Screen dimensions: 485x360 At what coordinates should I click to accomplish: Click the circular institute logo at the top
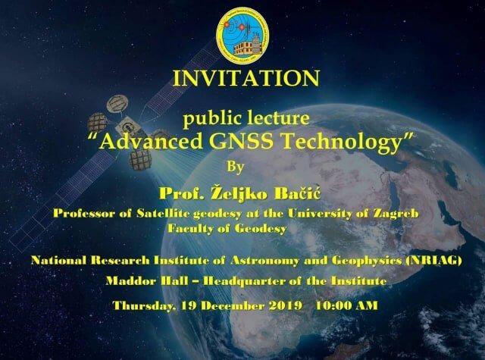click(242, 36)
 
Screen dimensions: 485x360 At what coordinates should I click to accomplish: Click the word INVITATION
click(246, 78)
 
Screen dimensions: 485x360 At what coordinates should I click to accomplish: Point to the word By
click(236, 167)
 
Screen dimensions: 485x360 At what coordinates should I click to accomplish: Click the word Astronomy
click(264, 261)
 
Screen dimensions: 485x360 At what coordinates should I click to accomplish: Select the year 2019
click(285, 305)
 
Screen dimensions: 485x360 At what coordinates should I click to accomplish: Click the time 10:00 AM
click(347, 305)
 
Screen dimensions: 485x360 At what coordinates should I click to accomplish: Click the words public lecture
click(246, 119)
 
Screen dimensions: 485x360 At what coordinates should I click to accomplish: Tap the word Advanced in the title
click(151, 142)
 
